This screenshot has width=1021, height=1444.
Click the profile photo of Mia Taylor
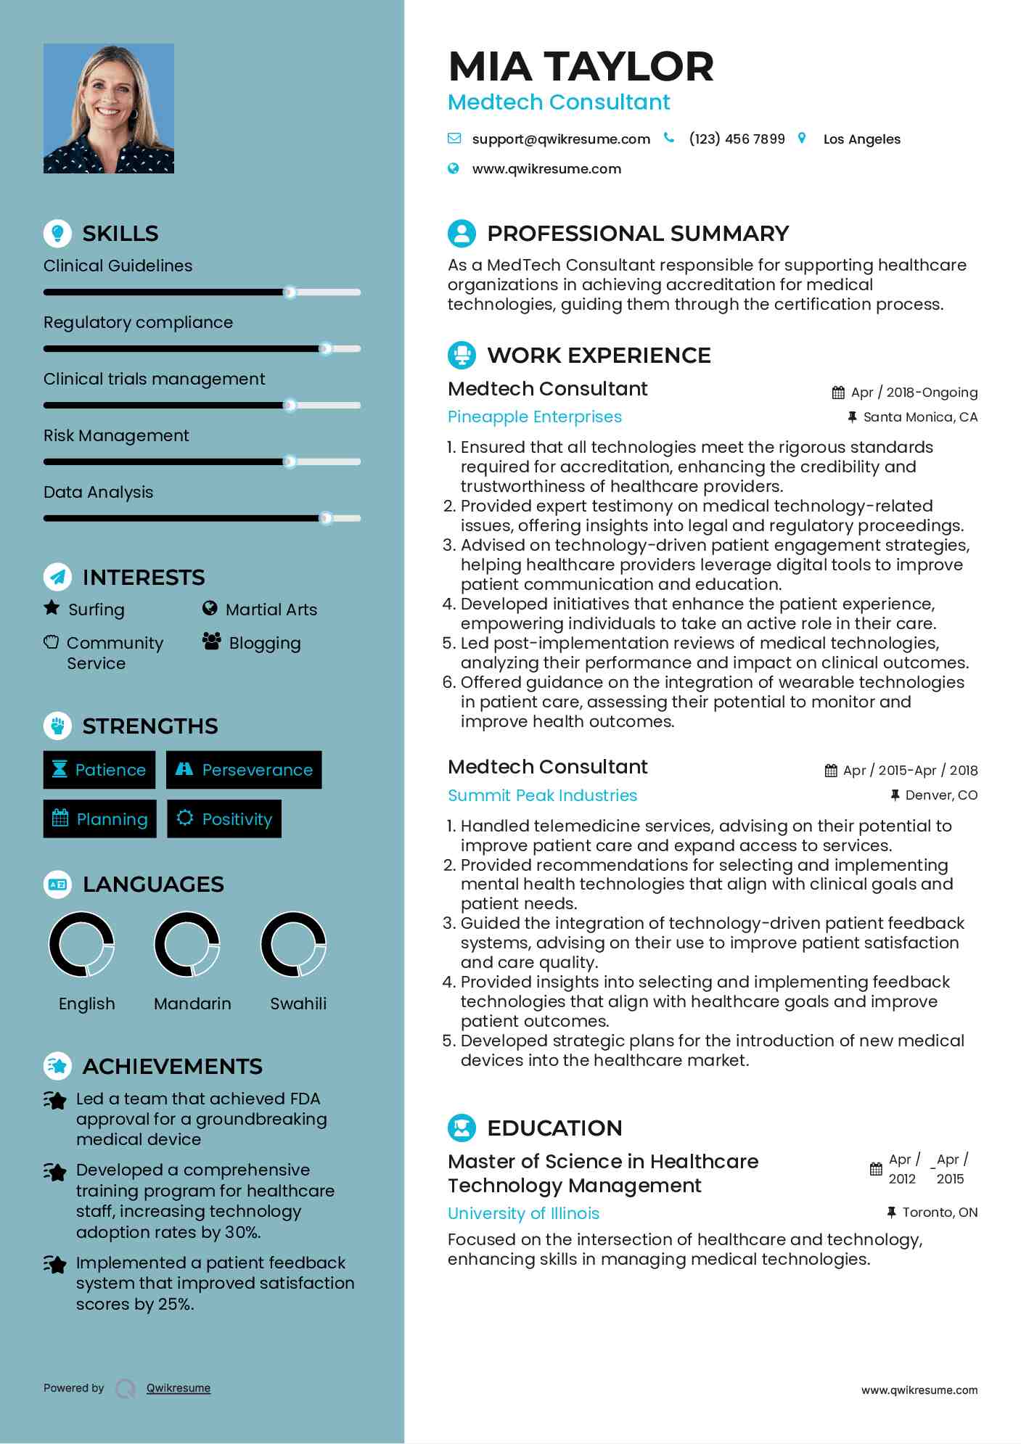tap(109, 108)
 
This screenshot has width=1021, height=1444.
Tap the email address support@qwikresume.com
tap(560, 139)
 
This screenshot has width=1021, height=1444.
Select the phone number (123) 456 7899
tap(737, 139)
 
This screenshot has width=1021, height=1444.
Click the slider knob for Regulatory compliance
tap(326, 349)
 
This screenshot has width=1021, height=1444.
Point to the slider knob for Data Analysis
tap(327, 518)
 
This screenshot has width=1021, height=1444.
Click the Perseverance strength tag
tap(245, 770)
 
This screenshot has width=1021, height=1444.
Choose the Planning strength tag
tap(100, 819)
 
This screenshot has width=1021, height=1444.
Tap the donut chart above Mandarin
tap(187, 944)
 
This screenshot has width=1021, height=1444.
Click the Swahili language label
tap(298, 1004)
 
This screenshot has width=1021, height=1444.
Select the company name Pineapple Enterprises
tap(535, 417)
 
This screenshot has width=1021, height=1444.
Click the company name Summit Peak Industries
tap(542, 795)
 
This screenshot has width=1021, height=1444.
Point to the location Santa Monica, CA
tap(919, 417)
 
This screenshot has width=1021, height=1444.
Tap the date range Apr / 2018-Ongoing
tap(914, 393)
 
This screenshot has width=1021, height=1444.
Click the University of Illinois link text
tap(523, 1213)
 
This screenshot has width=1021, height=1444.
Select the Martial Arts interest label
tap(271, 610)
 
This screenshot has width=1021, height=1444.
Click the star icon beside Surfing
tap(52, 608)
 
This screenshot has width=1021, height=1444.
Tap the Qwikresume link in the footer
tap(179, 1388)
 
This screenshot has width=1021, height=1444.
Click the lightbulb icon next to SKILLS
tap(57, 233)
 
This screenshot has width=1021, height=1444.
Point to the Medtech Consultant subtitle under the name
tap(559, 102)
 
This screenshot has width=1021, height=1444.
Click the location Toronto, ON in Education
tap(939, 1213)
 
